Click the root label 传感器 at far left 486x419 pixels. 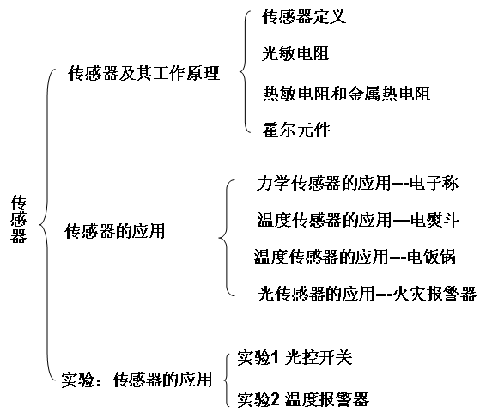pyautogui.click(x=19, y=218)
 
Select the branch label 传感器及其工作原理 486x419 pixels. pyautogui.click(x=143, y=73)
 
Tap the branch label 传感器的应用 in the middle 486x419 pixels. pyautogui.click(x=115, y=231)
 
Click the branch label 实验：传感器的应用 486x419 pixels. pyautogui.click(x=137, y=380)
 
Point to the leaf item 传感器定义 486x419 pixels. pyautogui.click(x=304, y=16)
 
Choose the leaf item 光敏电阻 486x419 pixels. pyautogui.click(x=295, y=53)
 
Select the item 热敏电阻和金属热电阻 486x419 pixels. pyautogui.click(x=346, y=94)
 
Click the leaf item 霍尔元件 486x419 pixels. pyautogui.click(x=296, y=130)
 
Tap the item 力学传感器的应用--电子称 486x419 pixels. pyautogui.click(x=357, y=183)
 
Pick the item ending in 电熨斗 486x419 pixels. pyautogui.click(x=358, y=220)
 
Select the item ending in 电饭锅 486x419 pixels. pyautogui.click(x=355, y=257)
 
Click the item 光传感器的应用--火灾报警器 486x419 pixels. pyautogui.click(x=367, y=293)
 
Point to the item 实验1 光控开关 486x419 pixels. pyautogui.click(x=295, y=357)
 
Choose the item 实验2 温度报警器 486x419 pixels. pyautogui.click(x=303, y=399)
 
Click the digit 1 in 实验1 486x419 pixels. pyautogui.click(x=276, y=358)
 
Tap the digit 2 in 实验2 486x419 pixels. pyautogui.click(x=276, y=399)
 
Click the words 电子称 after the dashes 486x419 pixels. pyautogui.click(x=434, y=183)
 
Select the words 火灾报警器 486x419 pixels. pyautogui.click(x=434, y=293)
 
